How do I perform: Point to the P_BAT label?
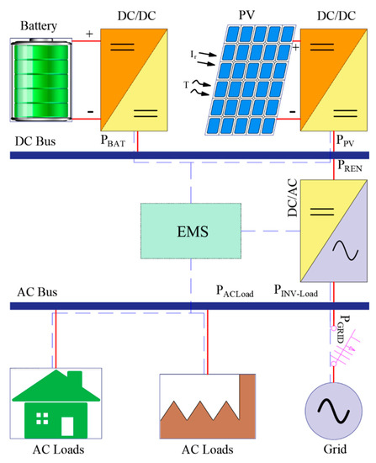(x=109, y=144)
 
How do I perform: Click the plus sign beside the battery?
(x=90, y=36)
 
